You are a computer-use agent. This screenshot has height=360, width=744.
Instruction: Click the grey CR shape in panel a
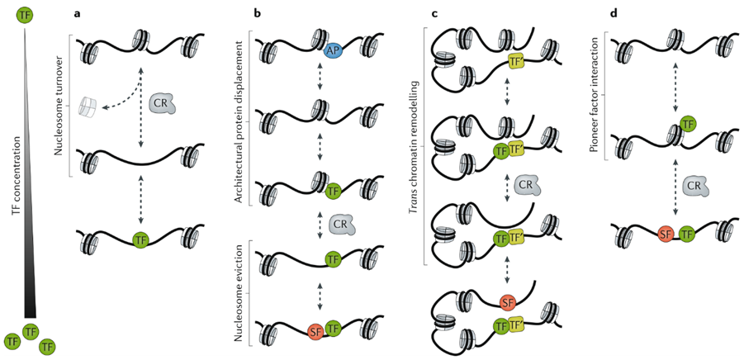pos(163,103)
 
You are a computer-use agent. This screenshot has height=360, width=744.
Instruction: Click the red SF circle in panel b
pos(315,332)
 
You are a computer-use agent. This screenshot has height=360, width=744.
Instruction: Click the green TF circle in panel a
pos(141,239)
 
